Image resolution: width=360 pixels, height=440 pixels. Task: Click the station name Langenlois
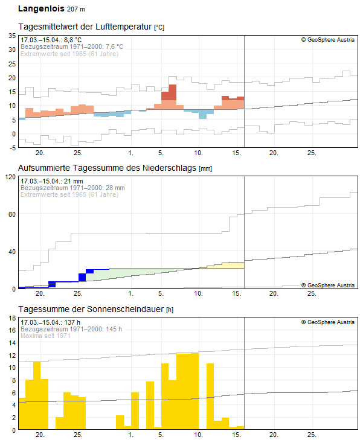[40, 9]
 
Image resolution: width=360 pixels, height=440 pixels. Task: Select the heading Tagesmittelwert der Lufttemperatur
[86, 27]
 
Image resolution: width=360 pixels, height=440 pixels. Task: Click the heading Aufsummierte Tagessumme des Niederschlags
[108, 167]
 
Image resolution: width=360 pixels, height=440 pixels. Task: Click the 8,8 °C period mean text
[51, 40]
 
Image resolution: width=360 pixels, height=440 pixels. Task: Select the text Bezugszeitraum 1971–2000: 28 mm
[72, 188]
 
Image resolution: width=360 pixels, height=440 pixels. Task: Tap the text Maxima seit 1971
[45, 336]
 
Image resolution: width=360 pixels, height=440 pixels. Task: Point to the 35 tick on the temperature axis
[11, 36]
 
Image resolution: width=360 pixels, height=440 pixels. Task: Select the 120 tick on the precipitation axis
[10, 177]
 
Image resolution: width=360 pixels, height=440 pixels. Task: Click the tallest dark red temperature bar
[173, 92]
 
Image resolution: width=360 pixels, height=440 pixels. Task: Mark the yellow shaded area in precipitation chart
[233, 266]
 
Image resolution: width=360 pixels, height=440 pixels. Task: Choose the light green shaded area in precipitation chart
[139, 272]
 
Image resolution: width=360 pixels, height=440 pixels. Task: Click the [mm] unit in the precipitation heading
[205, 168]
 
